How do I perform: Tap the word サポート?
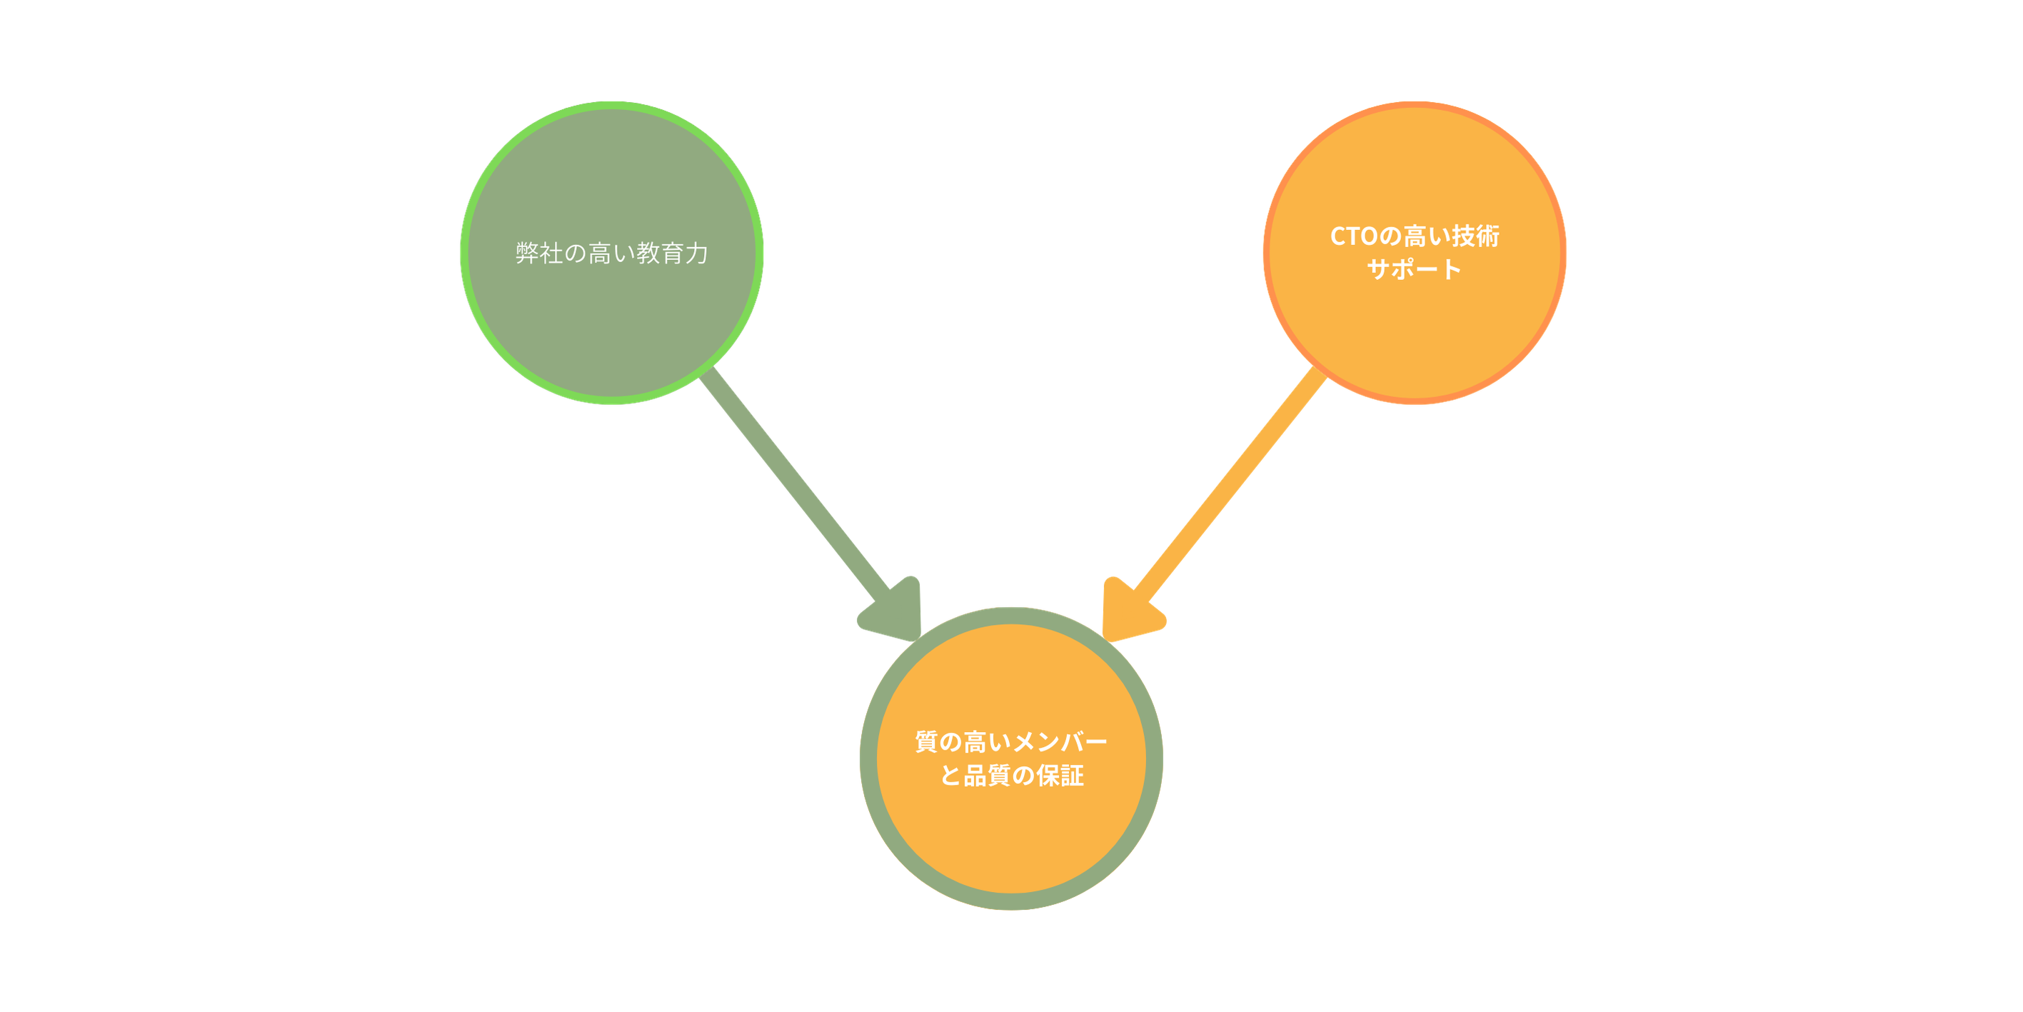(1415, 269)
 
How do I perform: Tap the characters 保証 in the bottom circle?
(1060, 776)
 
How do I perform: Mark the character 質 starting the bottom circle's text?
(927, 742)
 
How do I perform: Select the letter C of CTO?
(1339, 236)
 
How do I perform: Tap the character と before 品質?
(951, 776)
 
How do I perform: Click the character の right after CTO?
(1391, 236)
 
